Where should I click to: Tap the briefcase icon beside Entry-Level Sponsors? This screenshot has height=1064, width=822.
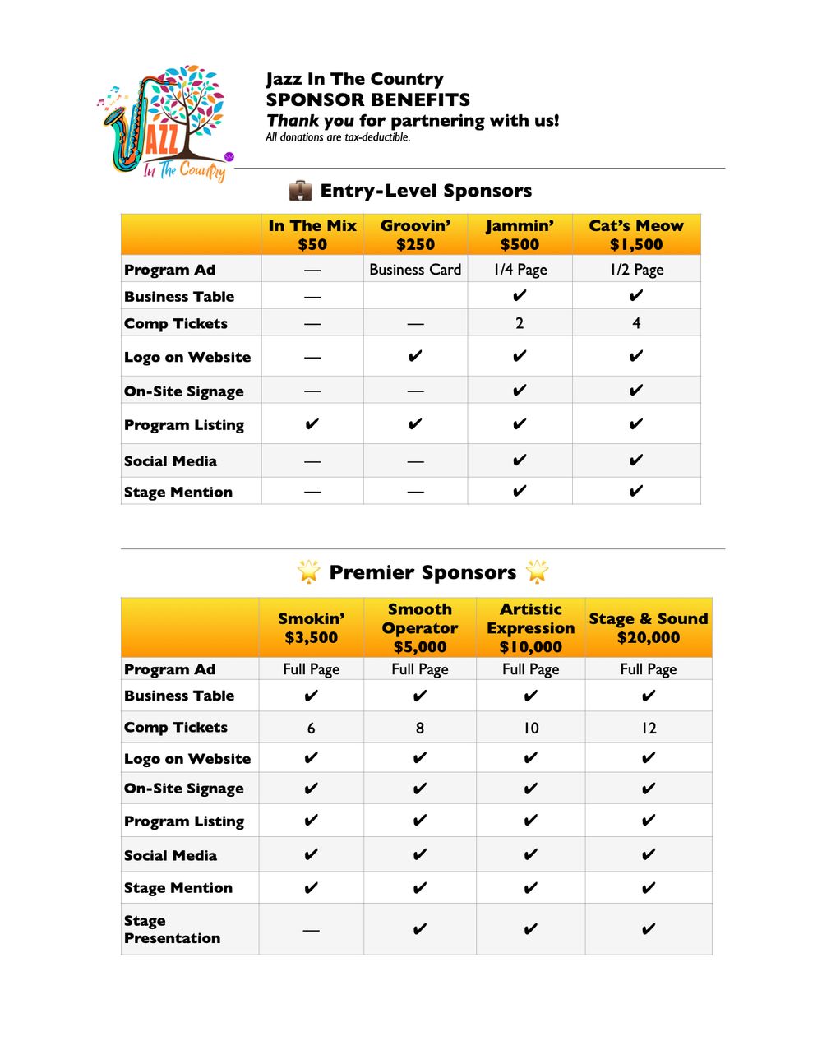pyautogui.click(x=300, y=191)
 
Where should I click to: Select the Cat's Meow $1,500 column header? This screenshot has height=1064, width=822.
pyautogui.click(x=636, y=235)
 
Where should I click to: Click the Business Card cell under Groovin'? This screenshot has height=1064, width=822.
pyautogui.click(x=415, y=270)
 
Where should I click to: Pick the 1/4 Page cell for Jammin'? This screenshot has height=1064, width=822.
pyautogui.click(x=520, y=270)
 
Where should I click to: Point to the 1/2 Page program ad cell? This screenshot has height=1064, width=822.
pyautogui.click(x=636, y=270)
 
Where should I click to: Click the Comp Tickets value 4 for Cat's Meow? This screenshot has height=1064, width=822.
pyautogui.click(x=636, y=323)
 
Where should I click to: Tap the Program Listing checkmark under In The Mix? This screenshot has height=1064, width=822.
pyautogui.click(x=312, y=424)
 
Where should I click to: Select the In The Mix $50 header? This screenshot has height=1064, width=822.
pyautogui.click(x=312, y=235)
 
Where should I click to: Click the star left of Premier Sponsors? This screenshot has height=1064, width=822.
pyautogui.click(x=308, y=571)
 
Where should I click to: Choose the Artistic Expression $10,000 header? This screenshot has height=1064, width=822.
pyautogui.click(x=531, y=628)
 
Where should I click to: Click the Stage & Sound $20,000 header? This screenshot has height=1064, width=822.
pyautogui.click(x=649, y=628)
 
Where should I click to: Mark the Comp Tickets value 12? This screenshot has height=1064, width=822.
pyautogui.click(x=649, y=729)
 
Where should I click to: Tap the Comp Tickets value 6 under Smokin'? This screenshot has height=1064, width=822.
pyautogui.click(x=311, y=729)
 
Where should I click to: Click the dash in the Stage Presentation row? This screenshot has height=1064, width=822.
pyautogui.click(x=311, y=930)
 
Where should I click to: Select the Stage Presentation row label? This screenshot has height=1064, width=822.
pyautogui.click(x=172, y=930)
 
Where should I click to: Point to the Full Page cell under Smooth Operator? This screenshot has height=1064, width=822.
pyautogui.click(x=419, y=669)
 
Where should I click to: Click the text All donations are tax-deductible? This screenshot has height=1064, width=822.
pyautogui.click(x=338, y=137)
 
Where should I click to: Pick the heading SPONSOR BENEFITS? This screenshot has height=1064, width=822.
pyautogui.click(x=368, y=100)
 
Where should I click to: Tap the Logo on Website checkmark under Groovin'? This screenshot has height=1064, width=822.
pyautogui.click(x=415, y=356)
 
